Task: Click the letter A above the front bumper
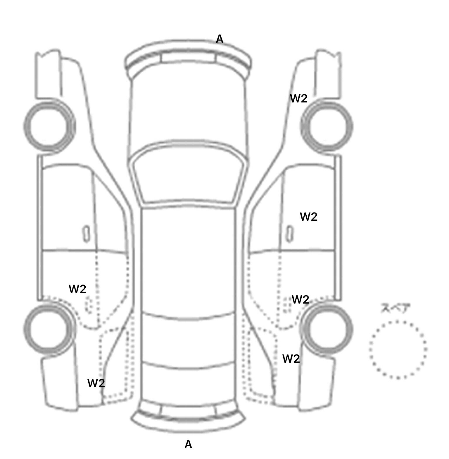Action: (x=220, y=39)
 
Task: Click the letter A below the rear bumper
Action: (x=189, y=444)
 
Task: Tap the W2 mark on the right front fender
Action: (x=299, y=99)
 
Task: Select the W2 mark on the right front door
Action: (x=309, y=217)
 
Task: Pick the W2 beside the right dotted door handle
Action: (x=301, y=300)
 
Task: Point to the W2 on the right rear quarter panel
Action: (x=291, y=359)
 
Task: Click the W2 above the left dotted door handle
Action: (x=77, y=289)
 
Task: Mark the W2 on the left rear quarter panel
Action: (x=96, y=383)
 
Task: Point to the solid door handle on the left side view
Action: (x=86, y=234)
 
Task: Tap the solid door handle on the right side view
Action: (x=290, y=234)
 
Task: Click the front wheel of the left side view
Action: (x=49, y=126)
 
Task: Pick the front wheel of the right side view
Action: (x=327, y=126)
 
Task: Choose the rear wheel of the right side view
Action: (x=327, y=328)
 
